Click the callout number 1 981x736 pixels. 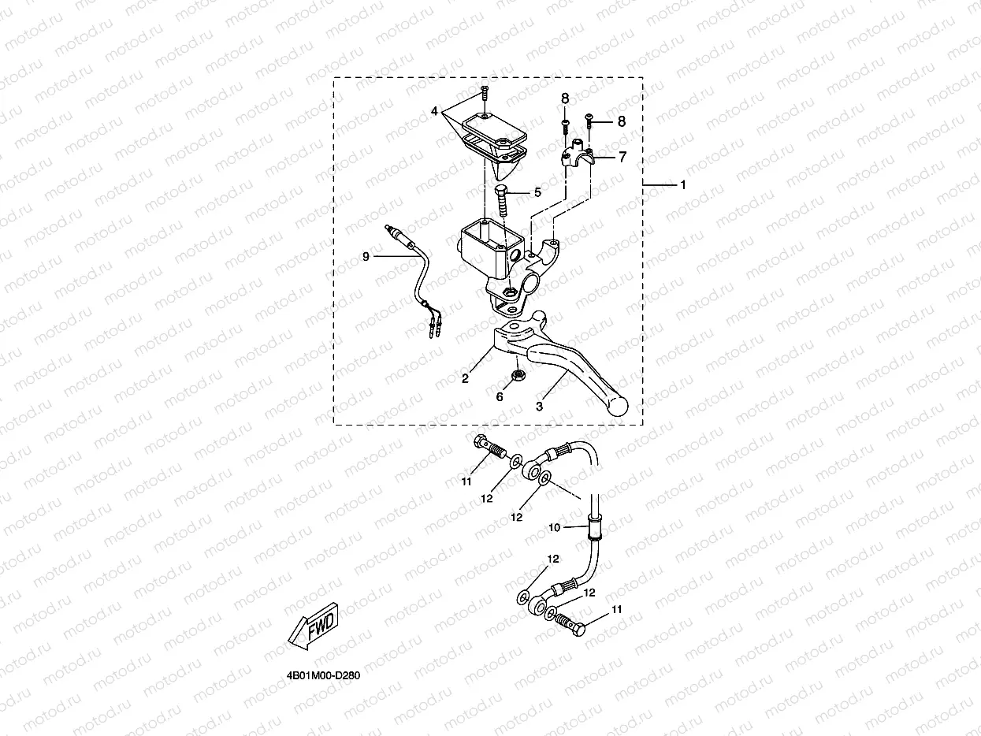click(x=683, y=185)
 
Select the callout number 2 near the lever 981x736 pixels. click(x=466, y=378)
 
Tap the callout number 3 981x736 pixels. click(x=540, y=407)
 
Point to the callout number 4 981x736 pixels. click(x=434, y=112)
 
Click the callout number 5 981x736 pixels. click(x=537, y=191)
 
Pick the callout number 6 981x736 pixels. click(x=500, y=397)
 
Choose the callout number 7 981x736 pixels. click(x=622, y=157)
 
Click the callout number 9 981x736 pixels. click(x=366, y=256)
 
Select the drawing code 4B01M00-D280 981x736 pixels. click(x=323, y=676)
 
